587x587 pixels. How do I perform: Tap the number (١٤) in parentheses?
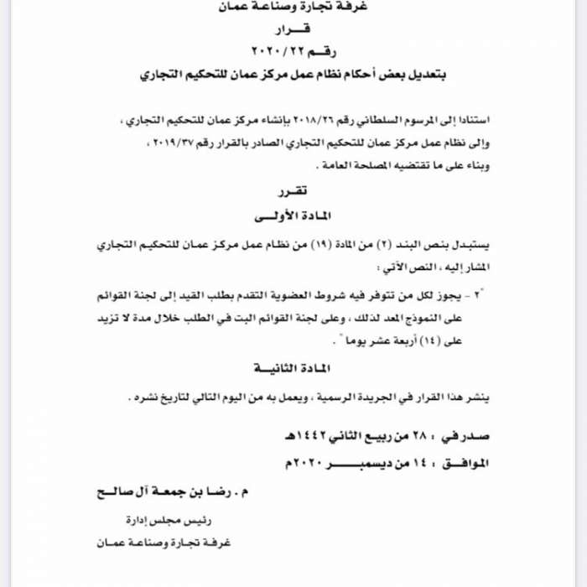click(448, 341)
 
